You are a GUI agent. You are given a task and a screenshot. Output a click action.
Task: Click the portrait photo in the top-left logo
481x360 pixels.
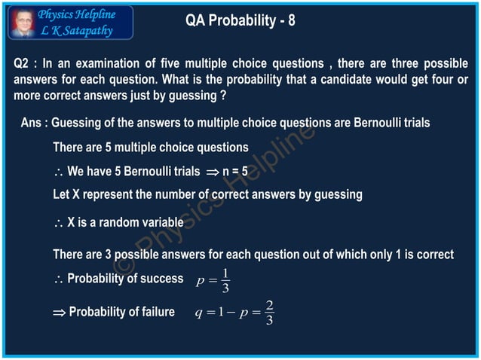[x=22, y=23]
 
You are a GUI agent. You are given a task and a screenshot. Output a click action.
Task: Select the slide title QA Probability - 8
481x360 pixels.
[x=240, y=21]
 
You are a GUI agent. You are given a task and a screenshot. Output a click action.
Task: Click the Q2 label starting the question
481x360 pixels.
[x=23, y=65]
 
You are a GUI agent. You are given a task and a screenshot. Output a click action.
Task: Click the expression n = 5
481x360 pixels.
[x=234, y=171]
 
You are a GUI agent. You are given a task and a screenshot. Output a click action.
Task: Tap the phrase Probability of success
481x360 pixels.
[x=125, y=279]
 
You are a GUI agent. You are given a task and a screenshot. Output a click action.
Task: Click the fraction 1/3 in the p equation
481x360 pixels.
[x=225, y=280]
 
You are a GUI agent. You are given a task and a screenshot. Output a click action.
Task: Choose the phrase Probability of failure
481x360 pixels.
[x=121, y=312]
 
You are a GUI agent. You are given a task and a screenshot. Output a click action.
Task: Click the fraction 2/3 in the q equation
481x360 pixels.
[x=269, y=313]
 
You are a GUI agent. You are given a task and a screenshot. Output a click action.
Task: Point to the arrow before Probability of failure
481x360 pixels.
[x=59, y=313]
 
